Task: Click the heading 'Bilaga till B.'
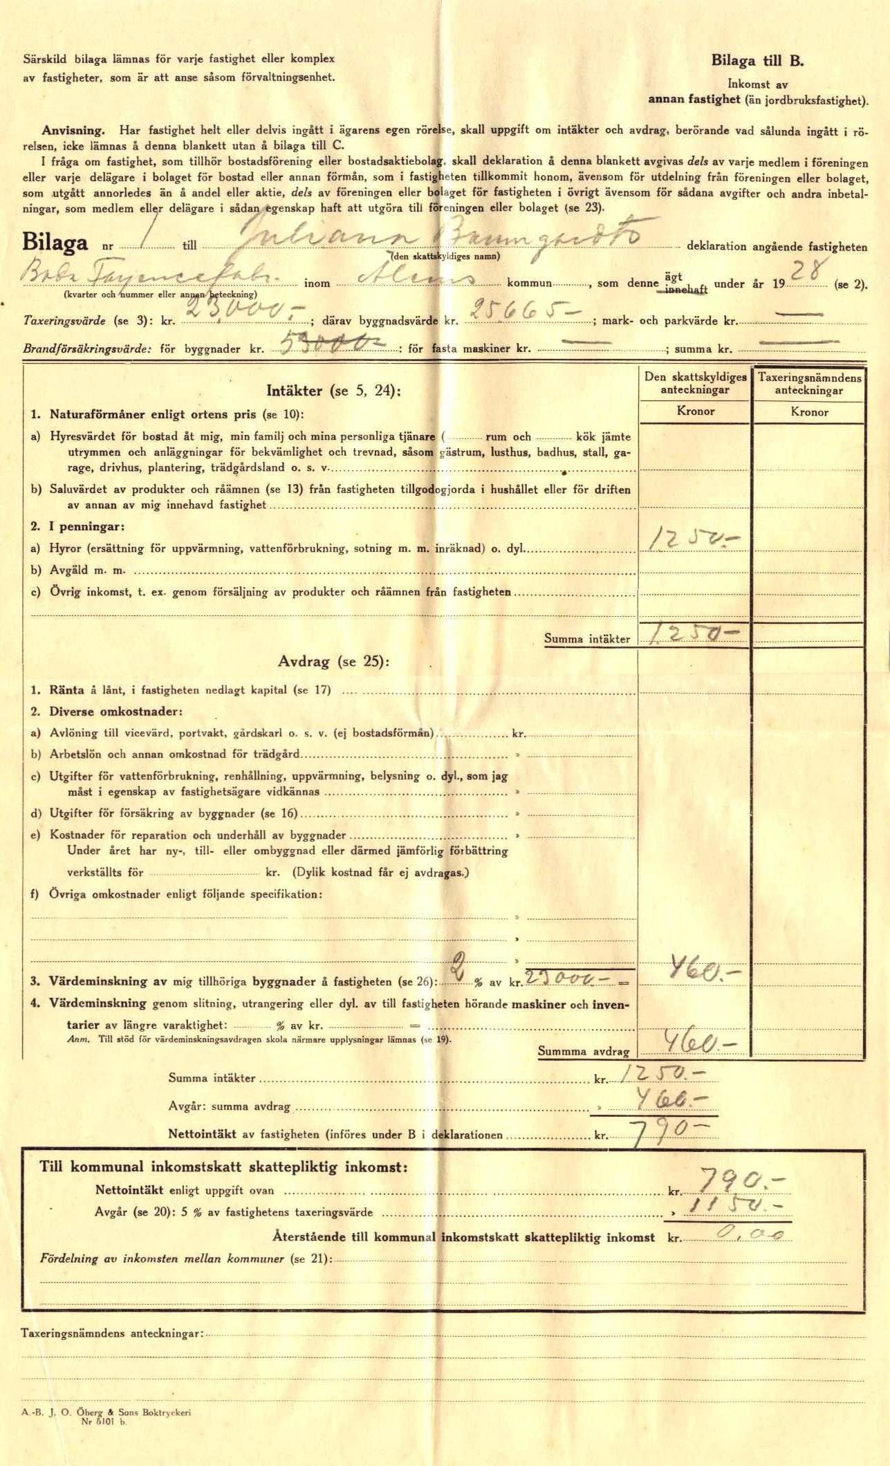pyautogui.click(x=757, y=60)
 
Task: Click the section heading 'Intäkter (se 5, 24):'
pyautogui.click(x=333, y=391)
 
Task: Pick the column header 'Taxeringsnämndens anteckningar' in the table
pyautogui.click(x=809, y=384)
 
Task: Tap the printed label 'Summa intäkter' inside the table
pyautogui.click(x=587, y=639)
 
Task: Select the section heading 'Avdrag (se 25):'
pyautogui.click(x=333, y=661)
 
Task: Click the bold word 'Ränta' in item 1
pyautogui.click(x=66, y=690)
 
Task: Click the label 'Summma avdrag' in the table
pyautogui.click(x=584, y=1052)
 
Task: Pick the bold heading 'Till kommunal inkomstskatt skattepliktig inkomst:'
pyautogui.click(x=223, y=1167)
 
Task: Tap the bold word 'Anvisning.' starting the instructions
pyautogui.click(x=73, y=130)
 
